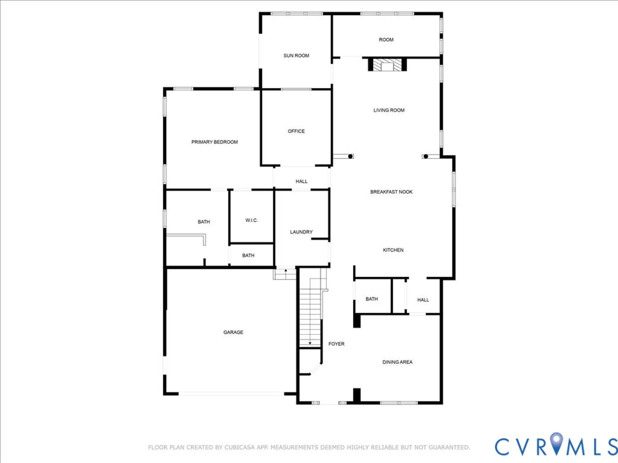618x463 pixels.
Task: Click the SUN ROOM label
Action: [296, 56]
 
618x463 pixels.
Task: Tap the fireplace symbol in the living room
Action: [387, 65]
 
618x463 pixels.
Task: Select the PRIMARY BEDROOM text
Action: [214, 142]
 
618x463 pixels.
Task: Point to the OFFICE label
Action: [296, 131]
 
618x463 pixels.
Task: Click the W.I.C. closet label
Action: [252, 220]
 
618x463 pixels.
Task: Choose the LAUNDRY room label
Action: [301, 232]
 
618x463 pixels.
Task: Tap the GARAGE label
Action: [233, 332]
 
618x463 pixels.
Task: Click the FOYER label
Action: [336, 344]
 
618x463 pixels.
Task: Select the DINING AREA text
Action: [397, 362]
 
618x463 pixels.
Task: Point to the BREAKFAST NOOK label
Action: [391, 192]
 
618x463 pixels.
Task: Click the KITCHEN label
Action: [393, 250]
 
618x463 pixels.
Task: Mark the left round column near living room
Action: [350, 156]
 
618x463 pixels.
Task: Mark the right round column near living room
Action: [426, 156]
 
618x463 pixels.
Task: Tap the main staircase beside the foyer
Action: [310, 315]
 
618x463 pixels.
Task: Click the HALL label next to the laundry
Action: [301, 181]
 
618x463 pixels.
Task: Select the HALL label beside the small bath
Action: [423, 300]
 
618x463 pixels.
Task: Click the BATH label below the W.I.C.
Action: [248, 255]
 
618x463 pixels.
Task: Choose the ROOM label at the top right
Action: [386, 40]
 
